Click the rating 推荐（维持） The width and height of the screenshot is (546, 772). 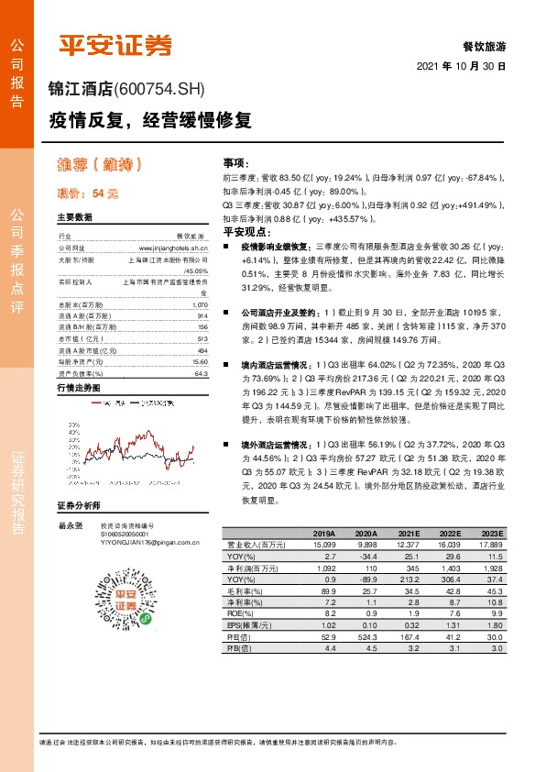(x=99, y=165)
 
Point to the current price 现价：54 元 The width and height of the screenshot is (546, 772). (x=88, y=194)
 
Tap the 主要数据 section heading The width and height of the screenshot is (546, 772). (x=75, y=218)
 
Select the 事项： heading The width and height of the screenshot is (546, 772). (x=235, y=160)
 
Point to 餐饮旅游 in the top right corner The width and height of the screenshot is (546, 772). (x=485, y=46)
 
